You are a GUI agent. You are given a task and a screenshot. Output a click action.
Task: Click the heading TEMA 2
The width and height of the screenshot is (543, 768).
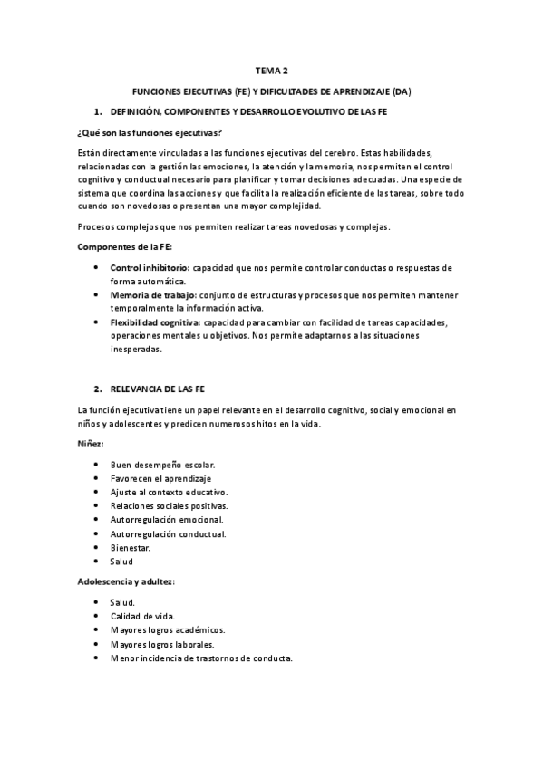[x=271, y=70]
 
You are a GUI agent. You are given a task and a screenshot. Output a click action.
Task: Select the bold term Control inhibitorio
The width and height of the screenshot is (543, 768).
[x=150, y=268]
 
